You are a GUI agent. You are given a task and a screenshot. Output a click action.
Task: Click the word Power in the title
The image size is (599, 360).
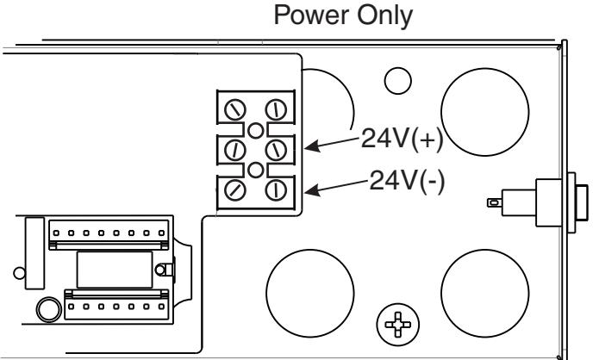[312, 16]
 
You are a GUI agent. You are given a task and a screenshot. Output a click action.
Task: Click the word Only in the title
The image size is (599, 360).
[384, 16]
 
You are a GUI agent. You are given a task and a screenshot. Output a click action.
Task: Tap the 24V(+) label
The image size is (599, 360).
[402, 138]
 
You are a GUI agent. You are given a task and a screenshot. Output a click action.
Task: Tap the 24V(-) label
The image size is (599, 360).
[407, 180]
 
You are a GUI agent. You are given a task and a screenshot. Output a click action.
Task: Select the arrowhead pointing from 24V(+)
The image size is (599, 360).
[312, 146]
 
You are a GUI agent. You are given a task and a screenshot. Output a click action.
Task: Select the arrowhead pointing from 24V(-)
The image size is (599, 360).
[312, 189]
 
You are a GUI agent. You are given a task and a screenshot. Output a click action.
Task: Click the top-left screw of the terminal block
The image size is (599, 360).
[235, 110]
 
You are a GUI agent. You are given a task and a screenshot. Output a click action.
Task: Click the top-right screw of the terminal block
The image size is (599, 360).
[276, 110]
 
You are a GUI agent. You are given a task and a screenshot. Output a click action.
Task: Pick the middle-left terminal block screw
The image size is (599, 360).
[235, 150]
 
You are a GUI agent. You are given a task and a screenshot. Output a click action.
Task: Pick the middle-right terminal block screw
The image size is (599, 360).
[276, 150]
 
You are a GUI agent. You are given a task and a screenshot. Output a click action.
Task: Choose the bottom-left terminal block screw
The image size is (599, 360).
[235, 190]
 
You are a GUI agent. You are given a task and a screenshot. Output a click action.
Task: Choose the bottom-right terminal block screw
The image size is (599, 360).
[276, 190]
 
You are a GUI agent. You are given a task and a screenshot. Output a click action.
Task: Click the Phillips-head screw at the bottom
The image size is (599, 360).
[397, 325]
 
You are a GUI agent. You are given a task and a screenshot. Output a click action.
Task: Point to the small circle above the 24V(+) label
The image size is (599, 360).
[397, 81]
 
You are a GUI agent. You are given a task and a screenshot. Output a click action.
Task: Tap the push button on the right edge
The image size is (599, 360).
[582, 202]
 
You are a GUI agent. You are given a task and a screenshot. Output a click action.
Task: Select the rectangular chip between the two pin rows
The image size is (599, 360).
[115, 270]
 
